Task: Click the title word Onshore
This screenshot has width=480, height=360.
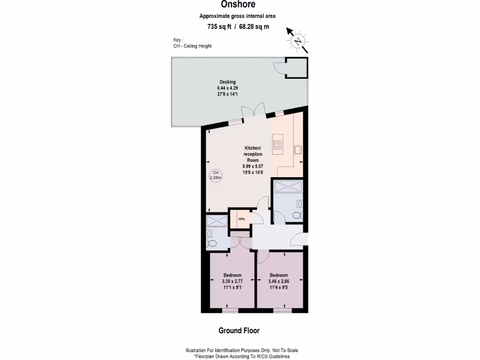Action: point(239,5)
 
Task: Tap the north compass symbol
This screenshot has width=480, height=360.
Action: point(298,41)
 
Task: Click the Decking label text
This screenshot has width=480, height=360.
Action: point(227,82)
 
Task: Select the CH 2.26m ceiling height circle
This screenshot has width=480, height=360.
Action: point(216,175)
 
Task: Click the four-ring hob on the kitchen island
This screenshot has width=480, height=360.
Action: point(277,144)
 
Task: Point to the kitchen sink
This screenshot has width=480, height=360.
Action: point(298,150)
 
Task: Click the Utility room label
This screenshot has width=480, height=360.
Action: point(241,219)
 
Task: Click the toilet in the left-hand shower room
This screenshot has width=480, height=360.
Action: point(212,243)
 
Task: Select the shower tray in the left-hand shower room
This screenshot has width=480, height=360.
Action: point(216,220)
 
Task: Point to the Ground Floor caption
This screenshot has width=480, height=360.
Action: point(239,330)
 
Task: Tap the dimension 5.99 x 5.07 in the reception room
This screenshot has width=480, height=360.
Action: point(253,166)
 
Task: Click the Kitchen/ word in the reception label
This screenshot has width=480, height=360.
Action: point(253,148)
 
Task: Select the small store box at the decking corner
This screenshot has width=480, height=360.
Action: point(296,68)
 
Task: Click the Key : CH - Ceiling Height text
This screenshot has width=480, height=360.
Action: point(192,43)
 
